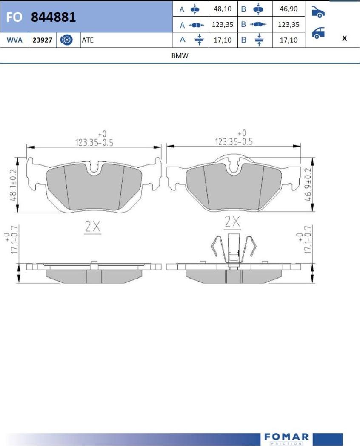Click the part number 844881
pos(54,17)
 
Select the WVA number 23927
pos(42,40)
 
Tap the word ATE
pos(88,40)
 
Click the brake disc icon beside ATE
pos(66,40)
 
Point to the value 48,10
pos(223,9)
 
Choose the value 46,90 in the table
pos(289,9)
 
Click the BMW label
pos(180,55)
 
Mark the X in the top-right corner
pos(344,38)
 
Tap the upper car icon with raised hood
pos(318,12)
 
